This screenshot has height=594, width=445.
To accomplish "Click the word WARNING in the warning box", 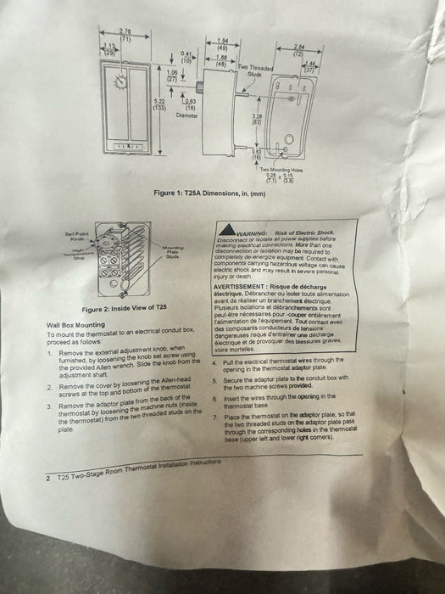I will pos(253,231).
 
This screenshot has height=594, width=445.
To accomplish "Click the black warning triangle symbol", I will pos(225,231).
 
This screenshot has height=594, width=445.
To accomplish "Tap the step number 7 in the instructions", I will pos(216,418).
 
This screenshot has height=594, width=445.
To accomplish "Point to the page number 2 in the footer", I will pos(48,479).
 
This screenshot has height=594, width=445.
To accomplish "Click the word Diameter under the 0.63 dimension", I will pos(187,115).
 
